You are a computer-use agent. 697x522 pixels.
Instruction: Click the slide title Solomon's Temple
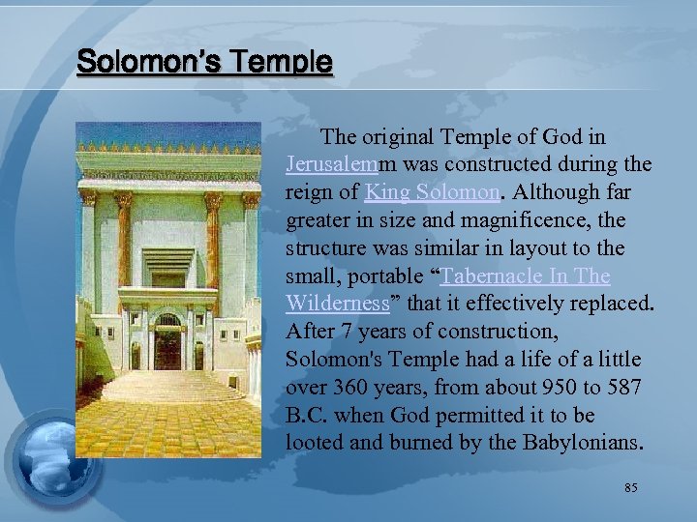click(x=204, y=64)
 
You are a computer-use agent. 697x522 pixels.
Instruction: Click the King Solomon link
click(x=433, y=192)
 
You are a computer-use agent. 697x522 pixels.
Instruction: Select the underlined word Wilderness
click(x=338, y=304)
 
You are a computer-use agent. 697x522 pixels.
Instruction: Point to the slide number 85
click(x=630, y=488)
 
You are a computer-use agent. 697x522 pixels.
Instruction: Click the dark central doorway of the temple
click(x=167, y=347)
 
